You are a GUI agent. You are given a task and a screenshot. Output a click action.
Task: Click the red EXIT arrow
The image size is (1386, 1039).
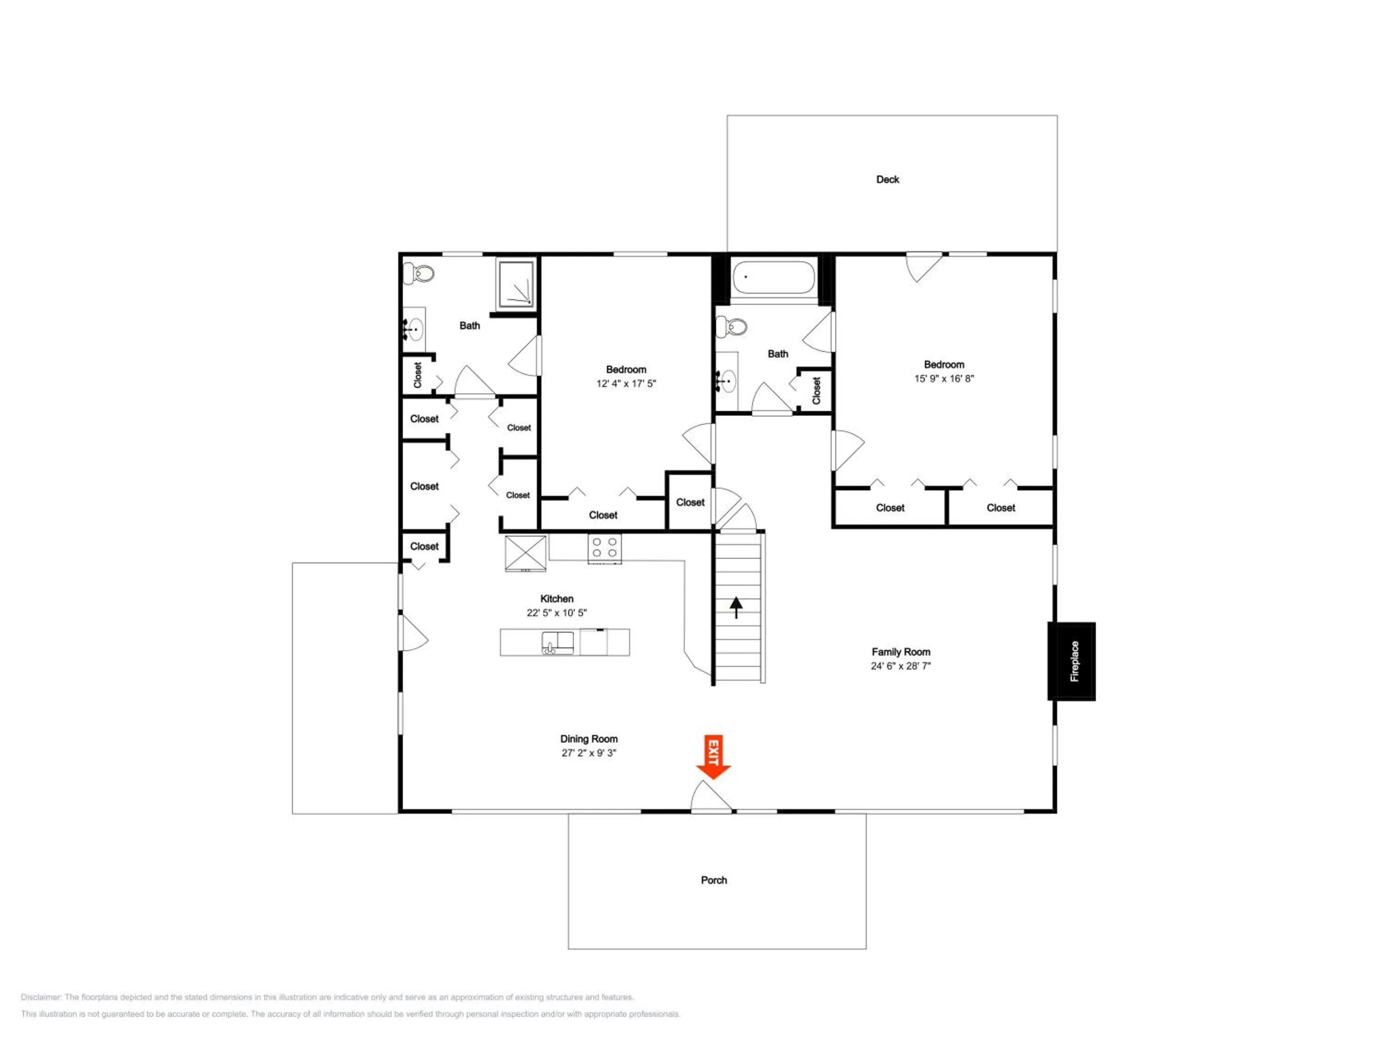pos(713,756)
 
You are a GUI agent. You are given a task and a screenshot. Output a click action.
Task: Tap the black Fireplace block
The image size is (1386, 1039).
pos(1071,661)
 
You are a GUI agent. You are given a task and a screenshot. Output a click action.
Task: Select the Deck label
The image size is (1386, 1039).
pos(887,180)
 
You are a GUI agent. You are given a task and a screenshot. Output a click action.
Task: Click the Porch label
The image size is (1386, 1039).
pos(714,880)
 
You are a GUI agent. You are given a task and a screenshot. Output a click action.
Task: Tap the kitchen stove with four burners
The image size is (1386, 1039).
pos(605,548)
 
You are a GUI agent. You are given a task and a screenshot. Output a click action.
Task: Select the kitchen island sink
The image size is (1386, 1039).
pos(557,643)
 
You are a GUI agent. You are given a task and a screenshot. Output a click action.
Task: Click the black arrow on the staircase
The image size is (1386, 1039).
pos(736,607)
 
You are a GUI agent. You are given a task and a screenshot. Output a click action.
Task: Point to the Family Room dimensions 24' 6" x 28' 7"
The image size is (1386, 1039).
pos(900,666)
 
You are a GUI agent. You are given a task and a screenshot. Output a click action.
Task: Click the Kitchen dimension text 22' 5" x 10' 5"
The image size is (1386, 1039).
pos(556,612)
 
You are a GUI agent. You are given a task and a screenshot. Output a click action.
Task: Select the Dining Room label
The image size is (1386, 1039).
pos(589,739)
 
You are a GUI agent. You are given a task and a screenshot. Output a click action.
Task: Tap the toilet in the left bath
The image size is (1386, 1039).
pos(420,273)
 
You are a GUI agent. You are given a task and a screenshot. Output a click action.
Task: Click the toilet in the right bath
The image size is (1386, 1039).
pos(732,326)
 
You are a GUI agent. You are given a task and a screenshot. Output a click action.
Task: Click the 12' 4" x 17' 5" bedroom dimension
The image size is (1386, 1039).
pos(626,383)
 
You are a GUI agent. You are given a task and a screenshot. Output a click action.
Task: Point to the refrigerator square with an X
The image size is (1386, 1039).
pos(526,553)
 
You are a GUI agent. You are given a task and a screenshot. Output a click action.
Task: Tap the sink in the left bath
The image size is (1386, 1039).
pos(413,329)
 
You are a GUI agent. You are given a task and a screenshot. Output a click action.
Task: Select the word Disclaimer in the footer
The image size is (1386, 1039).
pos(41,997)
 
